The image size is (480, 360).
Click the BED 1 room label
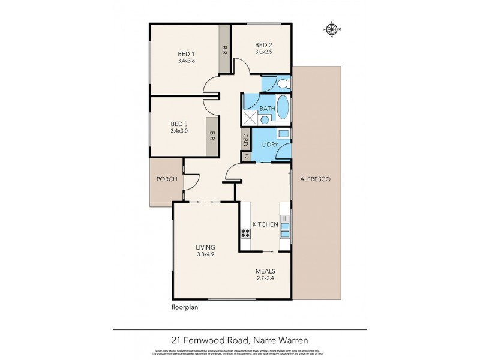[186, 53]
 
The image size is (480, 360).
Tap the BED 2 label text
[264, 45]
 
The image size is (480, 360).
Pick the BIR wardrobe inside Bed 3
[211, 137]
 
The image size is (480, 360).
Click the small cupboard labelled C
[245, 156]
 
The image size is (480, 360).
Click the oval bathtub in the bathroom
[282, 109]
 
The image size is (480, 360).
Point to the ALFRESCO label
[316, 179]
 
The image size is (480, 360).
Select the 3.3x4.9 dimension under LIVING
[205, 254]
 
